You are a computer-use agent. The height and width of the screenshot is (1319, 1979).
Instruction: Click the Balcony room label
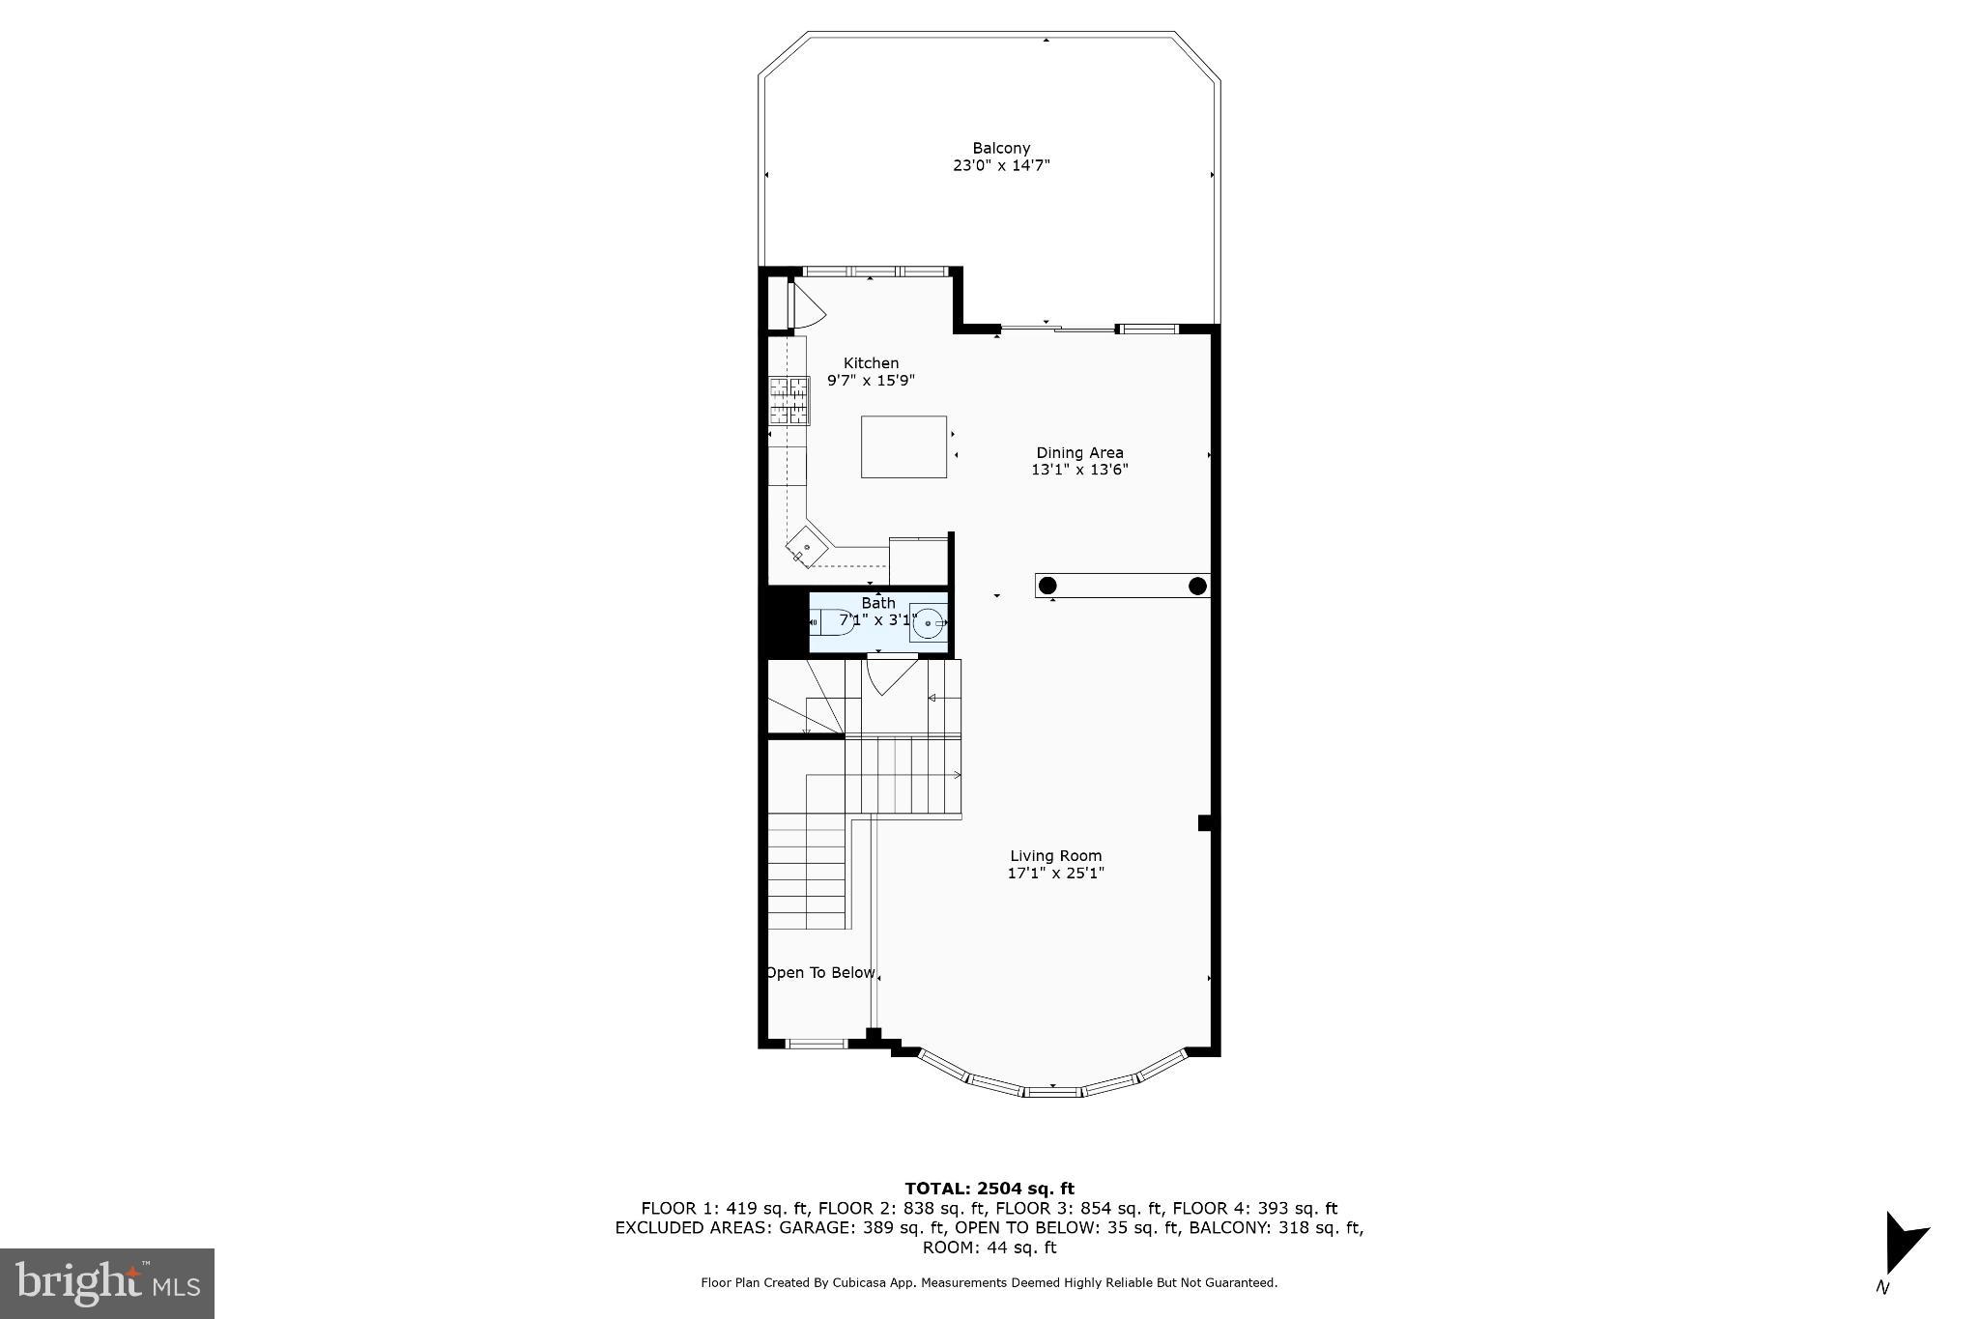click(1001, 148)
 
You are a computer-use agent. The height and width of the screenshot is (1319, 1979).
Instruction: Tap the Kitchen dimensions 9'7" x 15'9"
click(871, 381)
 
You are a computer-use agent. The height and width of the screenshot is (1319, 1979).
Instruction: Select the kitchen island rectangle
click(903, 446)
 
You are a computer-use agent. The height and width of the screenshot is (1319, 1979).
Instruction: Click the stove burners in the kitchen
click(789, 401)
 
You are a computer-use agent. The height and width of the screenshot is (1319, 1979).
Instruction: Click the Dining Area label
click(1079, 452)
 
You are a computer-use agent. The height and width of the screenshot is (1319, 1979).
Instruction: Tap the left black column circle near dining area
click(1047, 586)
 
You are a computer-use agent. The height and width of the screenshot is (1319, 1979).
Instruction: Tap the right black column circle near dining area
click(1197, 586)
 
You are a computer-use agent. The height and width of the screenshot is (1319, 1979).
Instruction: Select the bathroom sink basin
click(929, 624)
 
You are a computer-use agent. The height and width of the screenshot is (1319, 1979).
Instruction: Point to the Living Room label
click(1055, 855)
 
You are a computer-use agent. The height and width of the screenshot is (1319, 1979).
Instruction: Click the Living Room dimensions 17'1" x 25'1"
click(1055, 874)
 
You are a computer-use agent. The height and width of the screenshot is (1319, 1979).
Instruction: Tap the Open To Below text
click(820, 973)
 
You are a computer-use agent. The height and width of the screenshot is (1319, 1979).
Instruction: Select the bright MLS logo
click(107, 1283)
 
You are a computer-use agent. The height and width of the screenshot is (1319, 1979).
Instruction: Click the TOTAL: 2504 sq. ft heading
click(989, 1189)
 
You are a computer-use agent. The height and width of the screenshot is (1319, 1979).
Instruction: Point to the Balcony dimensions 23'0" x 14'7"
click(1001, 166)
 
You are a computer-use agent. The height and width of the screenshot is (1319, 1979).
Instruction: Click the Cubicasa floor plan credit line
click(989, 1283)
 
